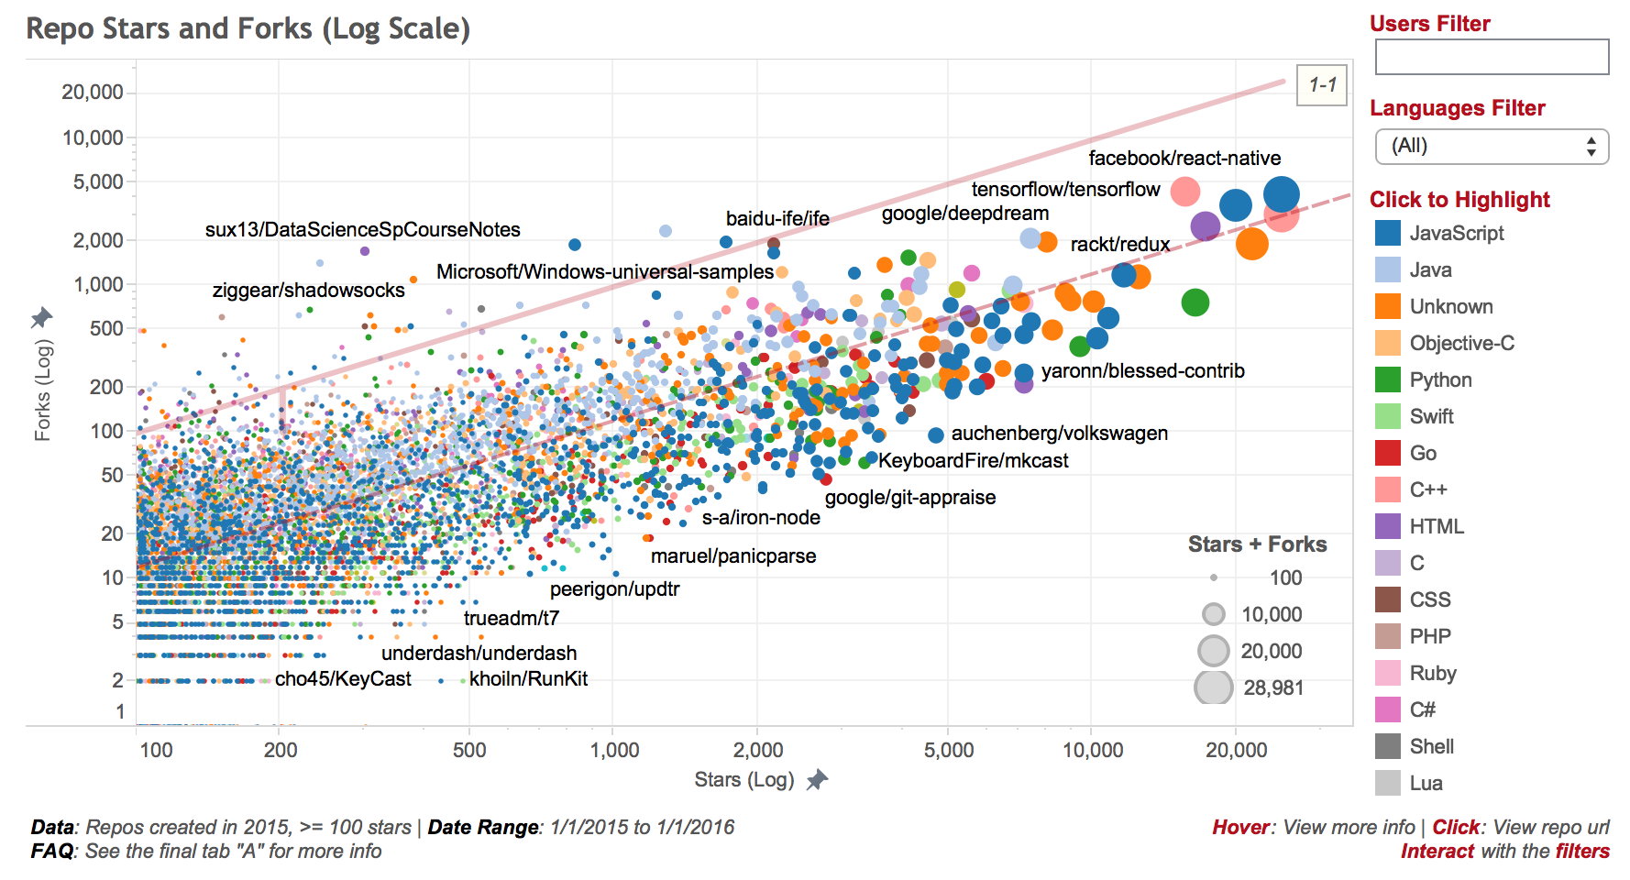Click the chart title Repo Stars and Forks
pos(248,28)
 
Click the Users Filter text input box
pos(1492,57)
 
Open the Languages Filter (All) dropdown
pos(1492,146)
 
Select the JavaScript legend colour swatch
pos(1388,233)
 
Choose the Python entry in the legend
pos(1440,379)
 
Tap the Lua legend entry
pos(1426,783)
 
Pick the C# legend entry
pos(1422,709)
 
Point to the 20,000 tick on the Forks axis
pos(93,92)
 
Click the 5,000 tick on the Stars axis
pos(949,750)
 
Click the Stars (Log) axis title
pos(744,779)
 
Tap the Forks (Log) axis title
pos(43,390)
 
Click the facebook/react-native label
pos(1184,158)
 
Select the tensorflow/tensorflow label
pos(1065,189)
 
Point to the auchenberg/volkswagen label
pos(1059,433)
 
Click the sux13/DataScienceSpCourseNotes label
pos(362,229)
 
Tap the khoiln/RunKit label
pos(528,678)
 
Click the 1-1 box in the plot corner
pos(1322,85)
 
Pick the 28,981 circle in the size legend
pos(1213,687)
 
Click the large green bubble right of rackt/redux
pos(1195,302)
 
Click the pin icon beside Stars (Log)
pos(817,780)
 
